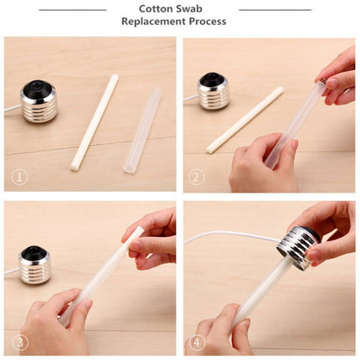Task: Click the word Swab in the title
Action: [201, 8]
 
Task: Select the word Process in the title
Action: [207, 22]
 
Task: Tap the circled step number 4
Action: [197, 342]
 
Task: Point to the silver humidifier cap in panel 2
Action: [213, 92]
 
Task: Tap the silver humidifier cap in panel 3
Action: [34, 266]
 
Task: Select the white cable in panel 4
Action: [226, 237]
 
